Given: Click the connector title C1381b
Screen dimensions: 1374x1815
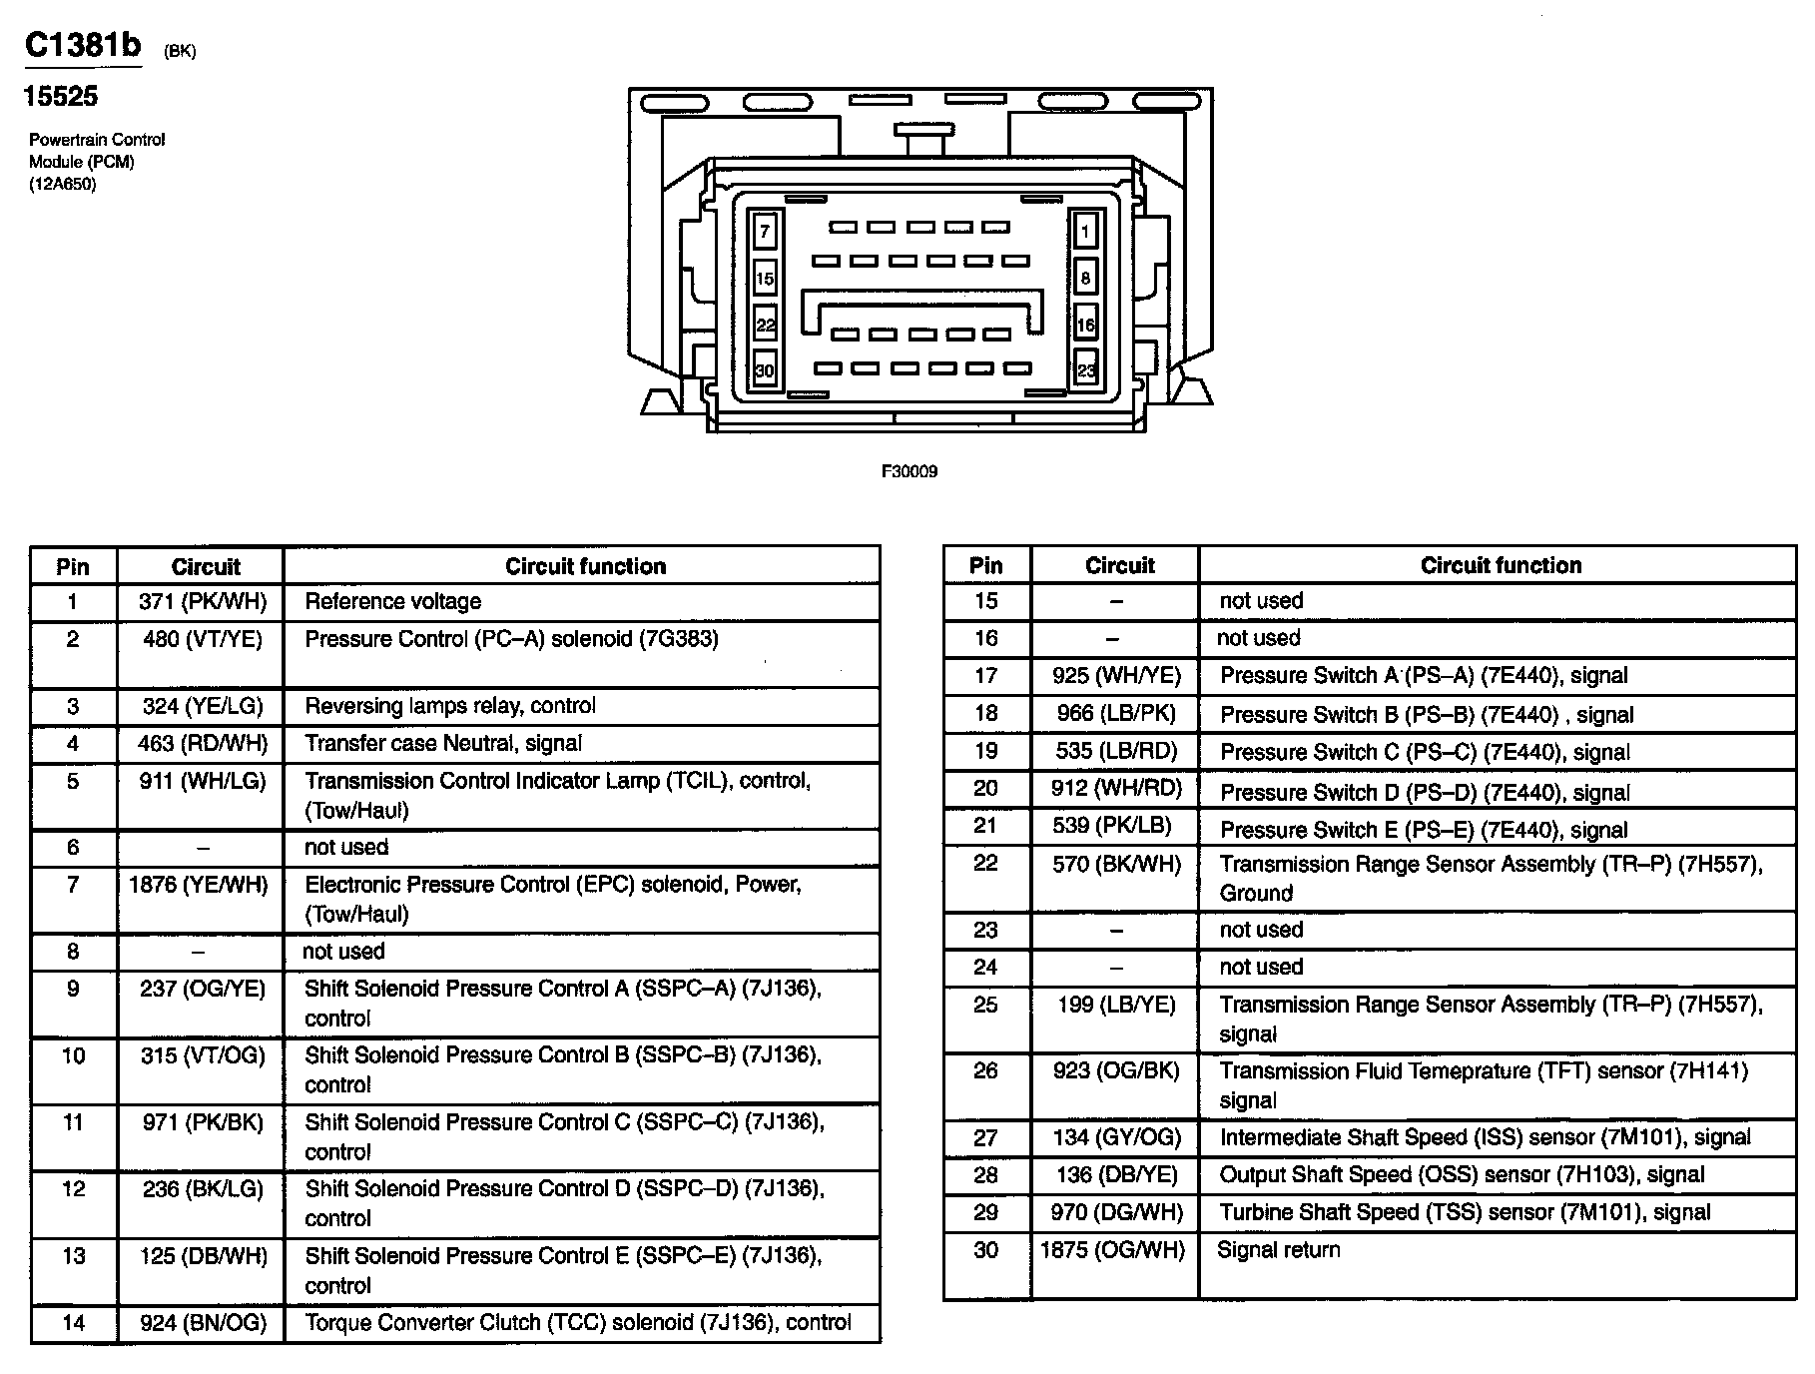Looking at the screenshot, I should pyautogui.click(x=83, y=45).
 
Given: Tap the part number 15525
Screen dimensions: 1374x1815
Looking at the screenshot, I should pyautogui.click(x=60, y=96).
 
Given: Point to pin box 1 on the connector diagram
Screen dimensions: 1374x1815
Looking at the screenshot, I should pyautogui.click(x=1085, y=232).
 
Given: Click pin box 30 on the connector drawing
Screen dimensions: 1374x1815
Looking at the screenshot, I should pyautogui.click(x=765, y=369).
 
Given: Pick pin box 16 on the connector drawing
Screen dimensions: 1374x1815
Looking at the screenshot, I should pyautogui.click(x=1085, y=325).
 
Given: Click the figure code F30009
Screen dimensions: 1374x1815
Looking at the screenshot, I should pyautogui.click(x=908, y=471).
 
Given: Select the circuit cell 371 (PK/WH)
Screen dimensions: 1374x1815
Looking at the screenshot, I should pyautogui.click(x=203, y=601).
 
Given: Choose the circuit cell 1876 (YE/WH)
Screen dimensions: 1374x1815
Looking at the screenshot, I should pyautogui.click(x=199, y=885).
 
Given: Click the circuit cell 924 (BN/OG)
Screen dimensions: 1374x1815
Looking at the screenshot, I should pyautogui.click(x=203, y=1323).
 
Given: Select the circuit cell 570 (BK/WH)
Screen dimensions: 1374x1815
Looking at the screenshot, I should pyautogui.click(x=1116, y=864).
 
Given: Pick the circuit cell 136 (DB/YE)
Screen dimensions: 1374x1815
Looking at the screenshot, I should pyautogui.click(x=1116, y=1175).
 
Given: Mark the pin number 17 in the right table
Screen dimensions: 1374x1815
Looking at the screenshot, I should pyautogui.click(x=985, y=676).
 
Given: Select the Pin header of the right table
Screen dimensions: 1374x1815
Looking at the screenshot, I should pyautogui.click(x=985, y=565).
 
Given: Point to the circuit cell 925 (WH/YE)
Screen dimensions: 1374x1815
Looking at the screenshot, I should pyautogui.click(x=1116, y=676).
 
